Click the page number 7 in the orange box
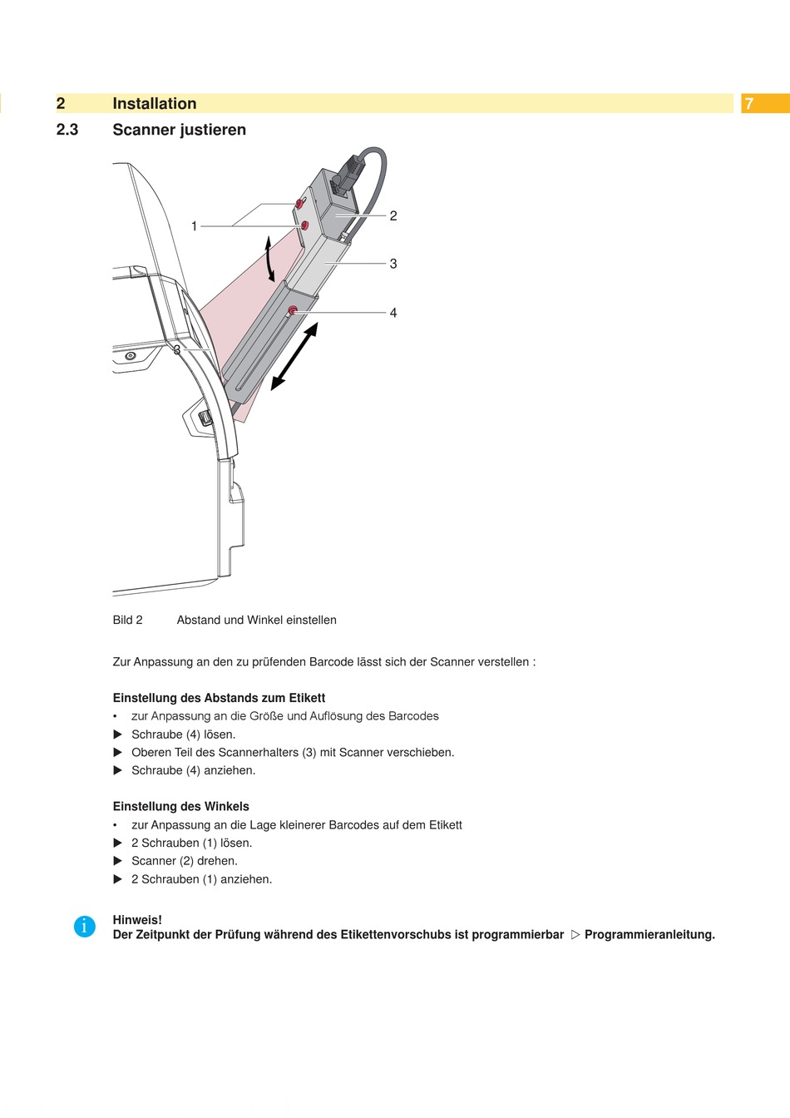[749, 104]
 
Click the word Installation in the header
[155, 104]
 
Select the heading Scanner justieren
[179, 130]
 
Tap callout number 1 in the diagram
[194, 226]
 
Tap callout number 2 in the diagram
[393, 216]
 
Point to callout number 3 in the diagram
[393, 264]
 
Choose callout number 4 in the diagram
[393, 313]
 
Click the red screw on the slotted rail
[292, 312]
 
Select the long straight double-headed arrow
[295, 357]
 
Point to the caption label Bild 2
[128, 620]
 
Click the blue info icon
[85, 926]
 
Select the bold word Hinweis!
[137, 920]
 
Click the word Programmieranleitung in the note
[649, 935]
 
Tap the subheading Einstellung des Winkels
[181, 806]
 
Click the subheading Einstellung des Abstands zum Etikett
[219, 698]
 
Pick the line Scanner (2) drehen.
[185, 861]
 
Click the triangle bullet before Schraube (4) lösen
[117, 735]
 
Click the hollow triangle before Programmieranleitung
[575, 935]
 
